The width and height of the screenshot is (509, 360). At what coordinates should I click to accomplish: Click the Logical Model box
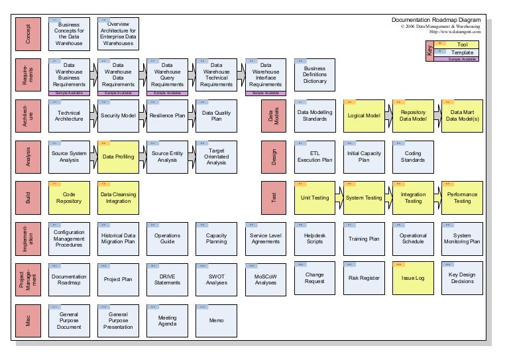tap(364, 116)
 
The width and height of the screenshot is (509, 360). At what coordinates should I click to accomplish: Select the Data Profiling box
tap(119, 157)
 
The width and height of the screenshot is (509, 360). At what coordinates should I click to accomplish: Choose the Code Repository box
tap(69, 198)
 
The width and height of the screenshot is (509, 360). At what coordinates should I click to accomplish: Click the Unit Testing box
tap(315, 198)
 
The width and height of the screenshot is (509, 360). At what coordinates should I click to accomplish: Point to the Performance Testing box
tap(462, 198)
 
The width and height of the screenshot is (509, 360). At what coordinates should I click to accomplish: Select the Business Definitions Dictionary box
tap(315, 75)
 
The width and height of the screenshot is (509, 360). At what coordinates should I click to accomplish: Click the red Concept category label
tap(28, 34)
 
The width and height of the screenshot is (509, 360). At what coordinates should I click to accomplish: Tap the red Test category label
tap(274, 198)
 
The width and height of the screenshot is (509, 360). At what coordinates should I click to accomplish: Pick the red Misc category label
tap(28, 320)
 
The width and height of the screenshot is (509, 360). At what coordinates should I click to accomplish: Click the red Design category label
tap(274, 157)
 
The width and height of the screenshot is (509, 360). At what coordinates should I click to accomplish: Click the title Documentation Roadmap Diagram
tap(436, 20)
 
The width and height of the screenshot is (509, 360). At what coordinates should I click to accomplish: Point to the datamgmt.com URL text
tap(455, 32)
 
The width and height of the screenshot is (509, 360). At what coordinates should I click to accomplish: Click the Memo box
tap(216, 320)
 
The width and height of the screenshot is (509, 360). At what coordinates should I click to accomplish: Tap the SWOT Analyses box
tap(216, 278)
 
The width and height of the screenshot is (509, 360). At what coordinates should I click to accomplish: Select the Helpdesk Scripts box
tap(315, 238)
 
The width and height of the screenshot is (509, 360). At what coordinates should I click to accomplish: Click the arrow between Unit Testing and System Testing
tap(339, 198)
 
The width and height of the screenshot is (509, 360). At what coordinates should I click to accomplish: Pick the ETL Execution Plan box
tap(315, 157)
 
